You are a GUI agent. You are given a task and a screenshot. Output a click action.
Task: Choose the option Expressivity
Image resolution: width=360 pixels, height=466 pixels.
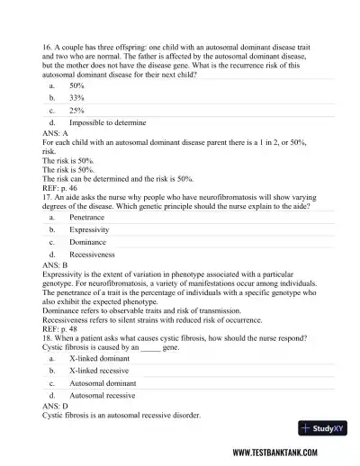click(88, 229)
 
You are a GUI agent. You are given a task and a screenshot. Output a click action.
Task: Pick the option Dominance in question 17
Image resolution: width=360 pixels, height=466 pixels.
click(87, 242)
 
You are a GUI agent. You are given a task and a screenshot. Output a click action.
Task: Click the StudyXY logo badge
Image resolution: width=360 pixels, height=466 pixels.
click(323, 428)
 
